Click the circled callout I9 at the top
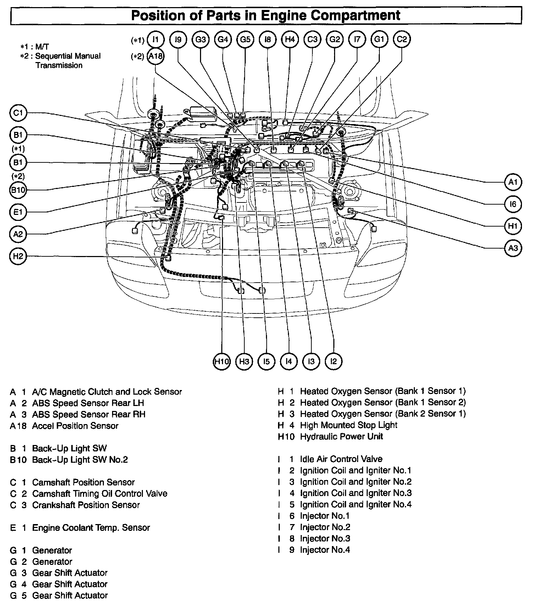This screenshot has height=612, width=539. click(x=178, y=40)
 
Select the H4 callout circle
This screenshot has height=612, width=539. click(x=290, y=40)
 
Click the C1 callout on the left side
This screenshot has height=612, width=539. click(x=18, y=113)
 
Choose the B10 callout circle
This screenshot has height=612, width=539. click(x=18, y=190)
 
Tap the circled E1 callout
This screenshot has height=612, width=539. click(x=18, y=212)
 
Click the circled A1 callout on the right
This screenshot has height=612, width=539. click(x=513, y=182)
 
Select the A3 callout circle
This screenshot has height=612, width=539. click(x=513, y=248)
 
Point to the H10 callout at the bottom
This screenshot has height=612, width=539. click(x=222, y=362)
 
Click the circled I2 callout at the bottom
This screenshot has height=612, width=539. click(x=333, y=361)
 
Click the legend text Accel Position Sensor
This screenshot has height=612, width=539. click(x=75, y=425)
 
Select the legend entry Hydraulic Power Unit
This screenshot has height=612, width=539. click(x=341, y=436)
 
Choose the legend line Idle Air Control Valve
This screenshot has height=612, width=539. click(x=341, y=459)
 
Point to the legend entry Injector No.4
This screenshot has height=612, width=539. click(x=325, y=550)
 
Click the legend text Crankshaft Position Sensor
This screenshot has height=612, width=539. click(x=86, y=505)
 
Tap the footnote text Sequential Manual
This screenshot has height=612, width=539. click(x=68, y=56)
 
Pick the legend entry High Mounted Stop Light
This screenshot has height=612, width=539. click(x=348, y=425)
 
